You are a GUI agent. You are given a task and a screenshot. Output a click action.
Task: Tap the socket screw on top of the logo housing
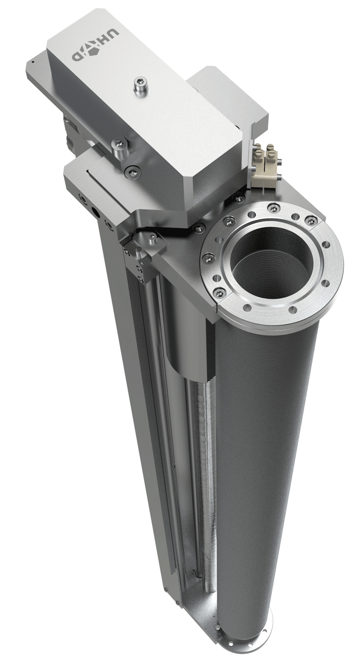click(x=140, y=85)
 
